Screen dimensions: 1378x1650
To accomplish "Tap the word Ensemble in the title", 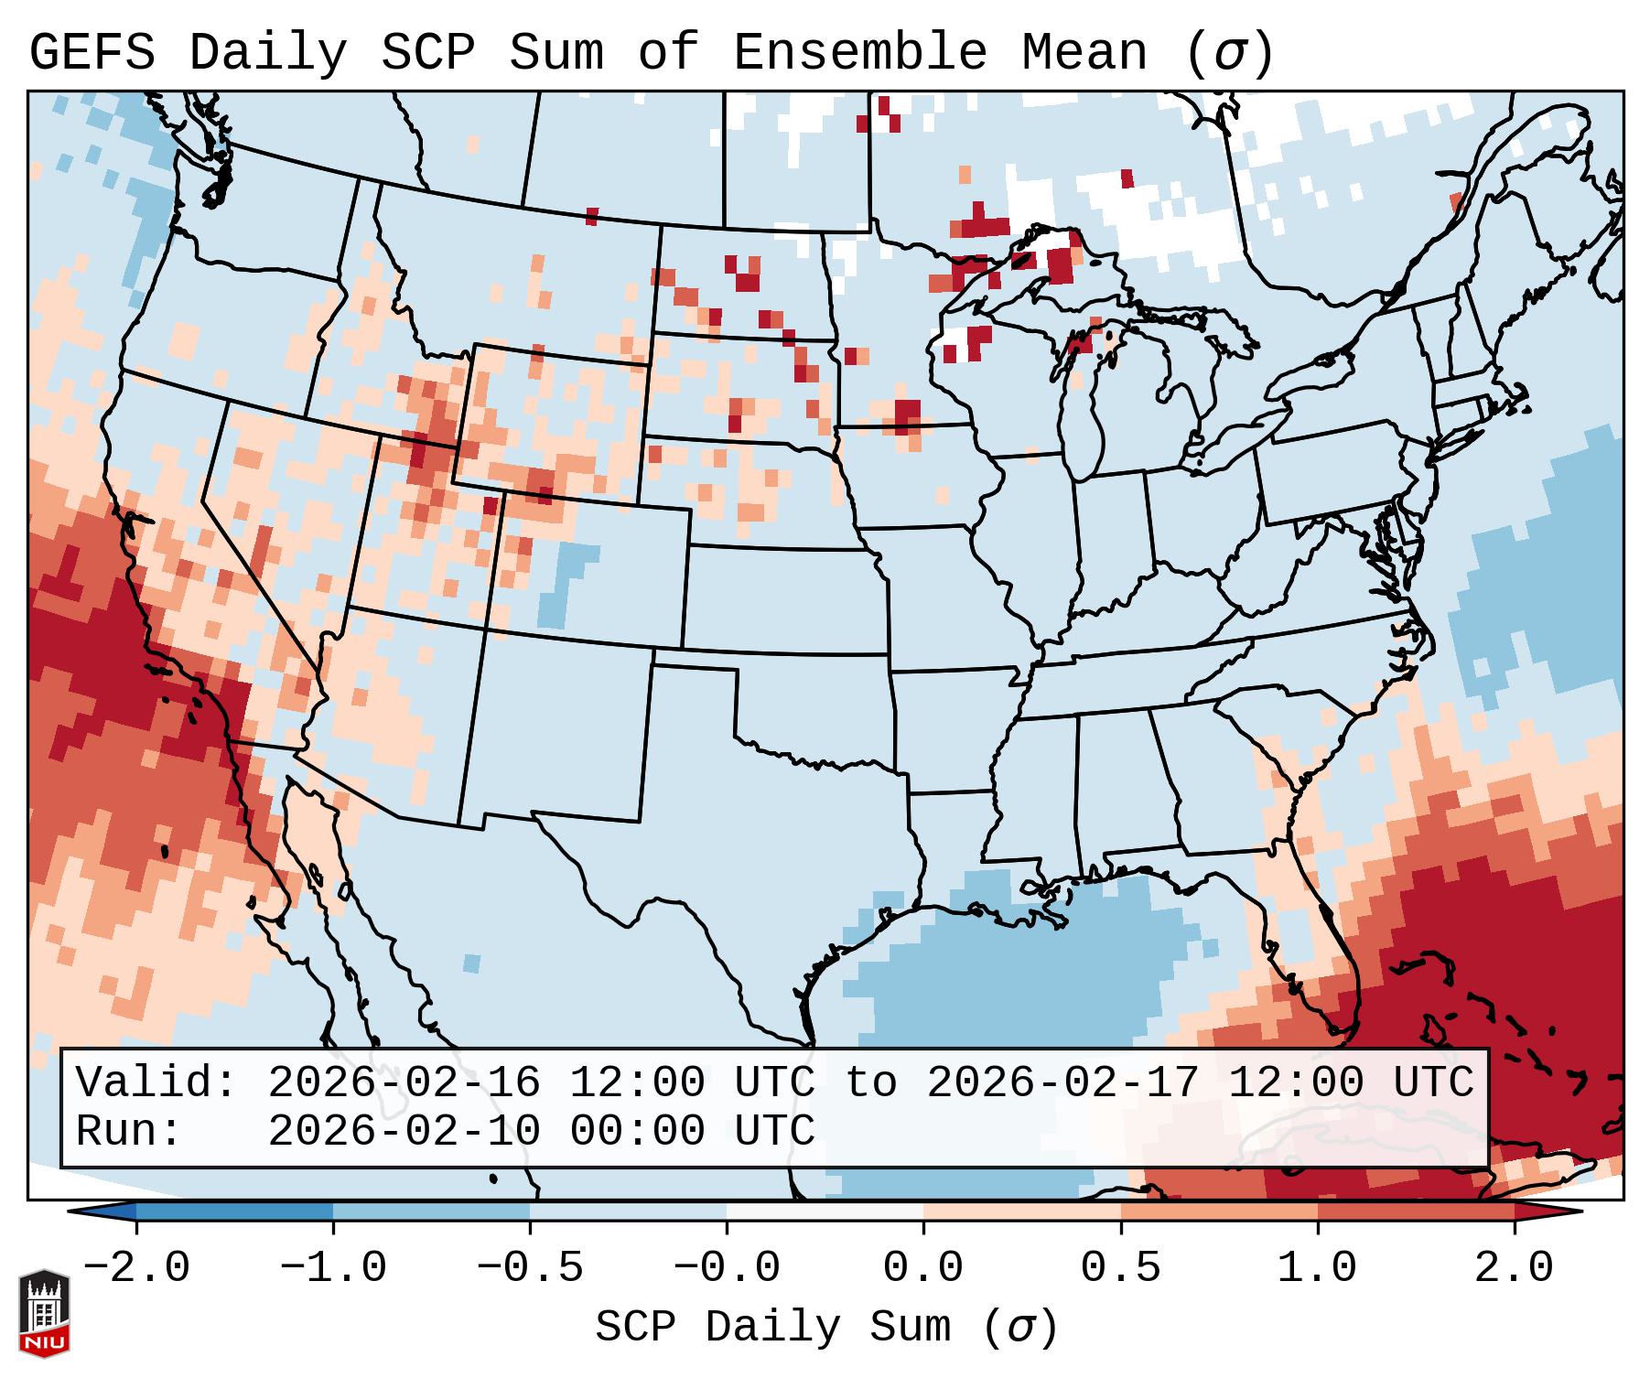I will (x=859, y=53).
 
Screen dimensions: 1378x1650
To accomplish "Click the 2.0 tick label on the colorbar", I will (x=1514, y=1268).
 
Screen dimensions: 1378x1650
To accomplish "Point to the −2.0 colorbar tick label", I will (x=136, y=1268).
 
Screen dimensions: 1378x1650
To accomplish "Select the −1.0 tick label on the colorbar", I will (x=333, y=1268).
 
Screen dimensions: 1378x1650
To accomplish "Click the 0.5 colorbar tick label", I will (x=1120, y=1268).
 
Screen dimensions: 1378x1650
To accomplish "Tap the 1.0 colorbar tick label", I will (x=1317, y=1268).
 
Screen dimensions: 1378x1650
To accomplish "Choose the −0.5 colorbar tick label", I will (x=530, y=1268).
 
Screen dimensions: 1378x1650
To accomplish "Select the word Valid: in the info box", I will (x=156, y=1083).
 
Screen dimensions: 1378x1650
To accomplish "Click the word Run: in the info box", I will (x=129, y=1131).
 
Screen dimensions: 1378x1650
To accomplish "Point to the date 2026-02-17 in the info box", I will (x=1062, y=1083).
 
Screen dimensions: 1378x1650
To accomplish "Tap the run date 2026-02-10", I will (x=404, y=1131).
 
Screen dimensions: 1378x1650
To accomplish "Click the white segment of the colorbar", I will (x=825, y=1211).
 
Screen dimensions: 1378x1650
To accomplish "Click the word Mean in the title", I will (x=1084, y=53).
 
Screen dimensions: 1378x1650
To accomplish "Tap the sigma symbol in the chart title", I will (x=1230, y=53).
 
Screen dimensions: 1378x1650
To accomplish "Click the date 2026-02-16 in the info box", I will (x=404, y=1083).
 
